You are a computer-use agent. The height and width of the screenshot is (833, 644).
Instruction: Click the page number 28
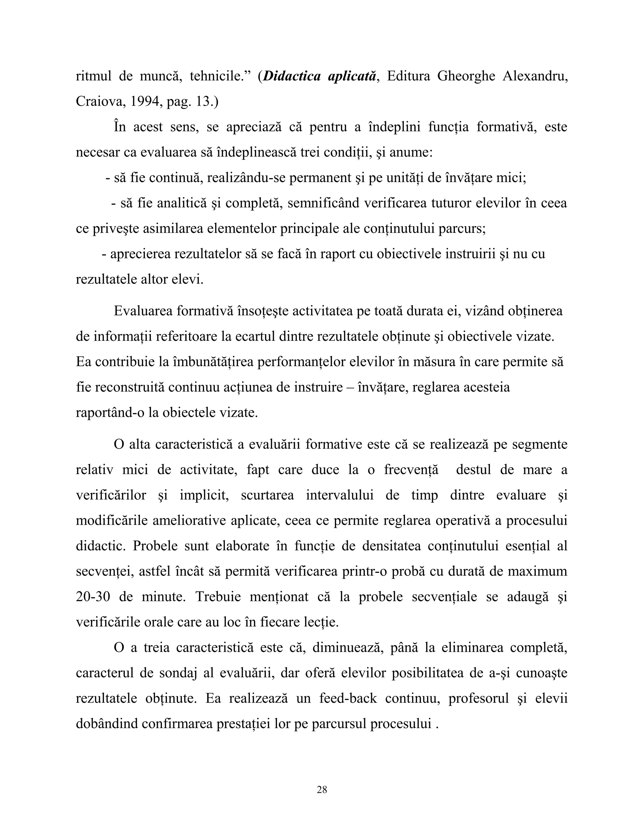coord(322,790)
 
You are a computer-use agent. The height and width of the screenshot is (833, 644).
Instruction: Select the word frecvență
coord(411,470)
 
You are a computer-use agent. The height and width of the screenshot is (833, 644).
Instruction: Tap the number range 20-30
coord(93,597)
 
